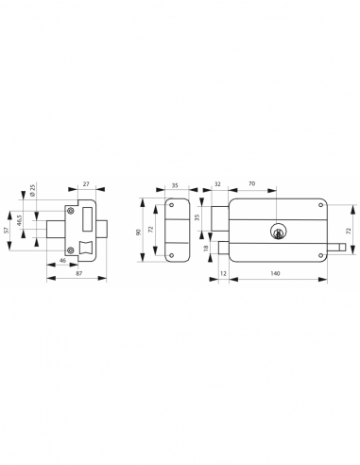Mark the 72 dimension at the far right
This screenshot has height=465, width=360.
[x=351, y=231]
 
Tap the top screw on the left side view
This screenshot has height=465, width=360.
[x=70, y=208]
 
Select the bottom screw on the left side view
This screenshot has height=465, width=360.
[x=69, y=251]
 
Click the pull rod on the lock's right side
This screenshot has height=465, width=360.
[x=335, y=250]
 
